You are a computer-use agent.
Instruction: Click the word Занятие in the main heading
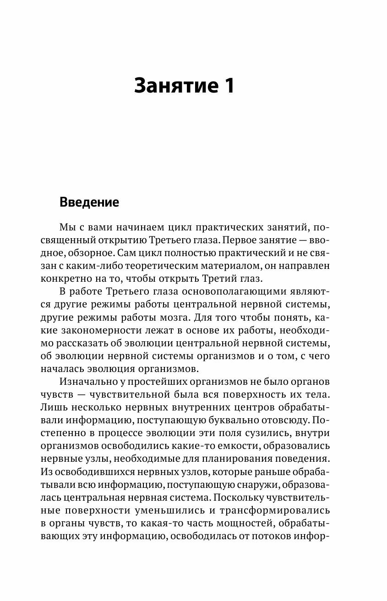pyautogui.click(x=174, y=86)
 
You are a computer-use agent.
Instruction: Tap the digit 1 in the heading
pyautogui.click(x=229, y=86)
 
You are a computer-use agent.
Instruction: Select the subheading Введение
pyautogui.click(x=89, y=202)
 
